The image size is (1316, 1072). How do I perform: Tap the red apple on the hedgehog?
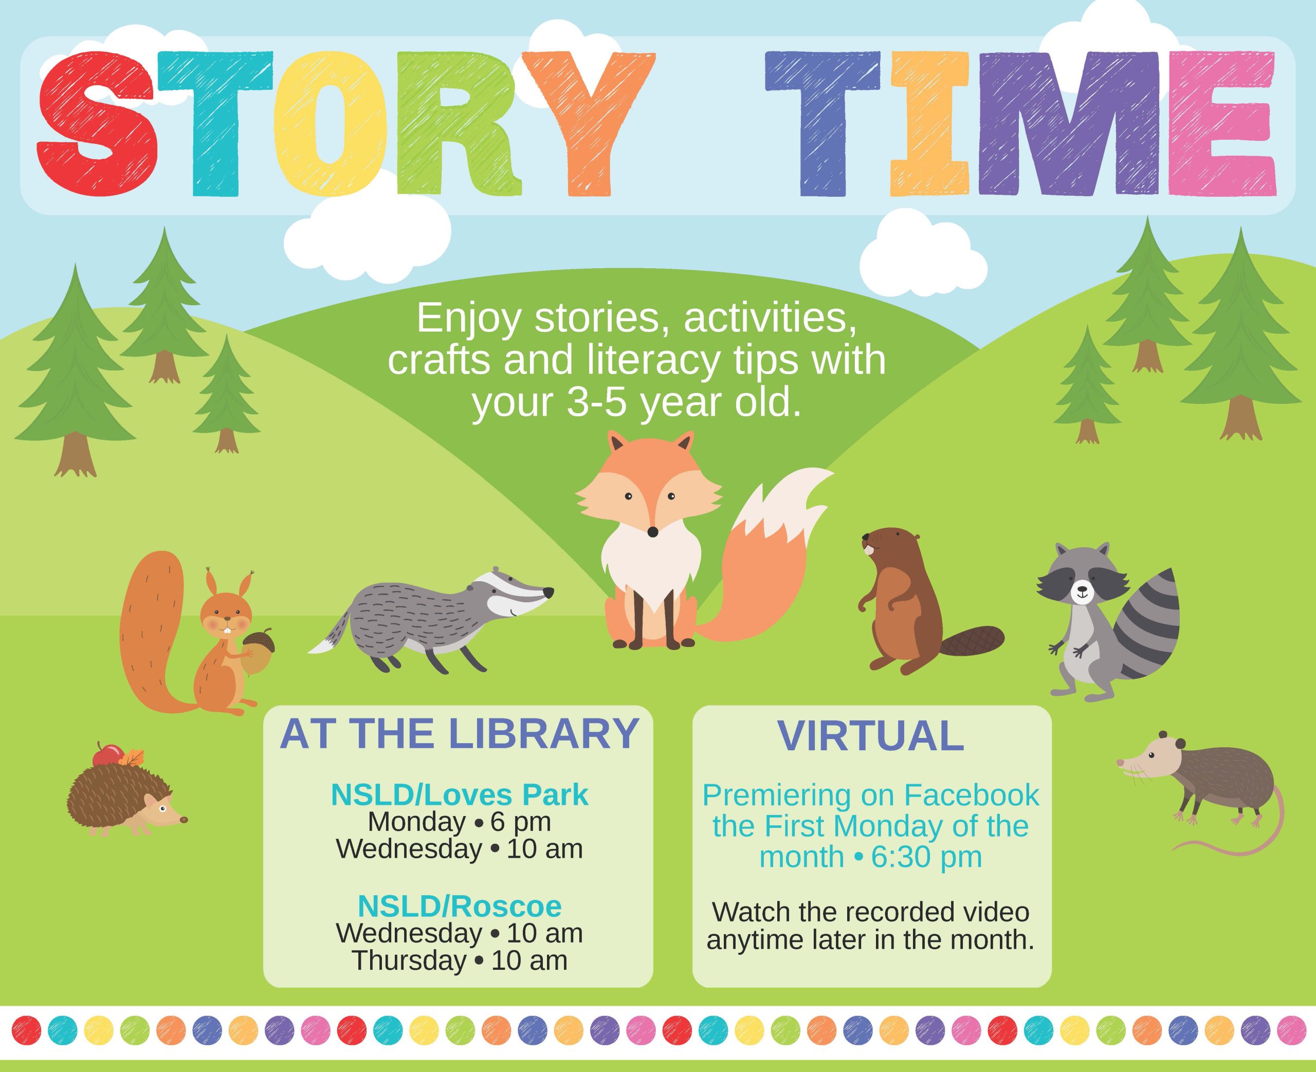[108, 754]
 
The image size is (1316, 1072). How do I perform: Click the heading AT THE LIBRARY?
[459, 734]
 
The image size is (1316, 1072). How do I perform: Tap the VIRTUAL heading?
[871, 735]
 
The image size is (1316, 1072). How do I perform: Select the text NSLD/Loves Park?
[460, 796]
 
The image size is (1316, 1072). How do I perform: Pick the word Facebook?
[972, 796]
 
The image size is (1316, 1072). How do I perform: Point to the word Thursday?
[409, 961]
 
